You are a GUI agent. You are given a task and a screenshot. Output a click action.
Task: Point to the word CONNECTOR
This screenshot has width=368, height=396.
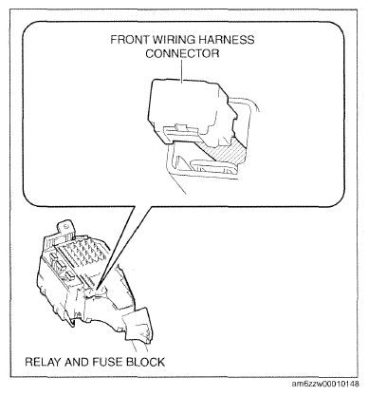click(182, 53)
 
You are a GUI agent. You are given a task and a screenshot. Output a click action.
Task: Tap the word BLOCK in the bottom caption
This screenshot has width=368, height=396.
click(145, 362)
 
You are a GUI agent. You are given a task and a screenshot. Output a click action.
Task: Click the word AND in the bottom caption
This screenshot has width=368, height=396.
click(77, 362)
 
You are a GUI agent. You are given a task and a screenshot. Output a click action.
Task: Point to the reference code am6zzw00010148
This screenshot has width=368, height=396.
click(325, 384)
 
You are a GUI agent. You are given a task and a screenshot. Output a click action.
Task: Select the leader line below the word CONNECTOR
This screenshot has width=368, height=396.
click(182, 71)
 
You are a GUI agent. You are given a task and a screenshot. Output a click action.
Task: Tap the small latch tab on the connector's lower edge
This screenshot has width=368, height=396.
click(181, 127)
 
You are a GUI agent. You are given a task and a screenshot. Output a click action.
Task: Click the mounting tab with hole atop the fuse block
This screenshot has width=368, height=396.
click(65, 228)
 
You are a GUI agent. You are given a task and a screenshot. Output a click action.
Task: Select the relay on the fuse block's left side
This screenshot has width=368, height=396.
click(56, 265)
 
